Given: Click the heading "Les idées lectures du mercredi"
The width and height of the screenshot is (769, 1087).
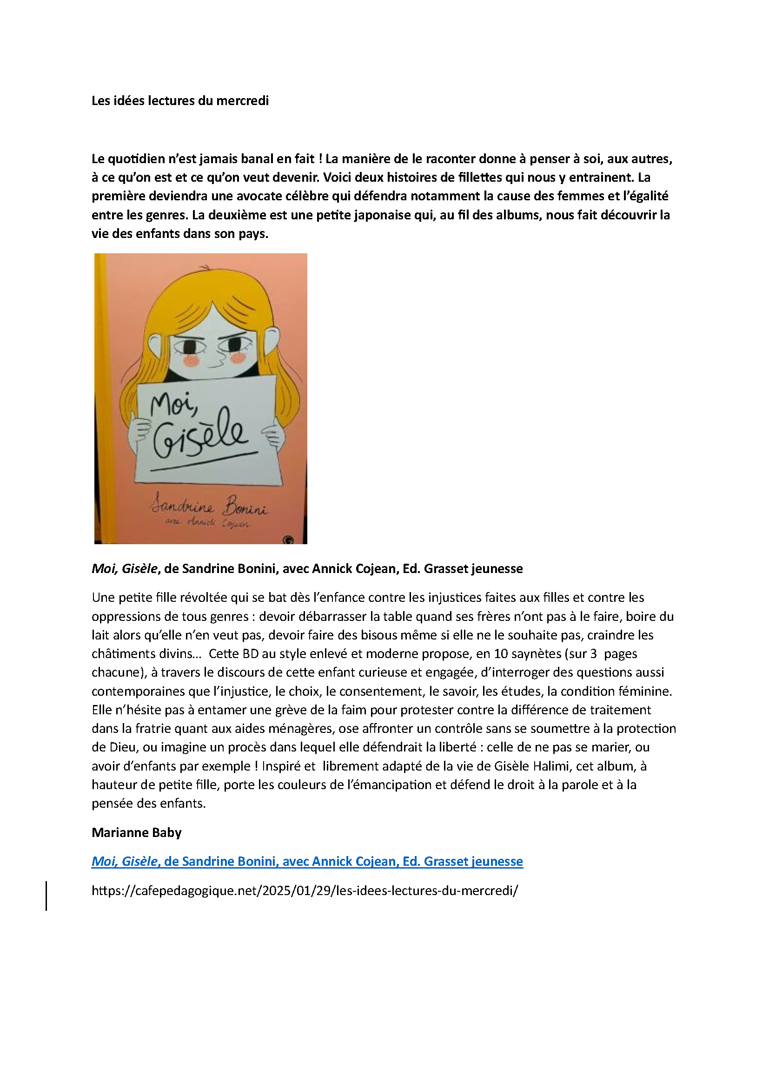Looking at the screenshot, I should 180,100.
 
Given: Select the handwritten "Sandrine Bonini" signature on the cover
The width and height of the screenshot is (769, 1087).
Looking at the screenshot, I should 209,507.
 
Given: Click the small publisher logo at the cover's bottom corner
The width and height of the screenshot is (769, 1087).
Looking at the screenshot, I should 288,540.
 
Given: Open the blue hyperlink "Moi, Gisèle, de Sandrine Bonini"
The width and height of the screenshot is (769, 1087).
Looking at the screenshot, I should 307,861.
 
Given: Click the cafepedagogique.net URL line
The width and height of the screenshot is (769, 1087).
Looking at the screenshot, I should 305,890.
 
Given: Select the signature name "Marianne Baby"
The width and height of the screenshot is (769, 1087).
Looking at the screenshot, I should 136,832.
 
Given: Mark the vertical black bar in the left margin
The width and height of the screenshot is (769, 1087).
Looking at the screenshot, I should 46,896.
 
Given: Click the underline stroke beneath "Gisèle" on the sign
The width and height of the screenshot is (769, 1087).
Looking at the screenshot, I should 204,461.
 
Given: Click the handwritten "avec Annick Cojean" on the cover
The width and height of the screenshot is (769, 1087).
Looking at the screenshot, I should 207,523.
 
